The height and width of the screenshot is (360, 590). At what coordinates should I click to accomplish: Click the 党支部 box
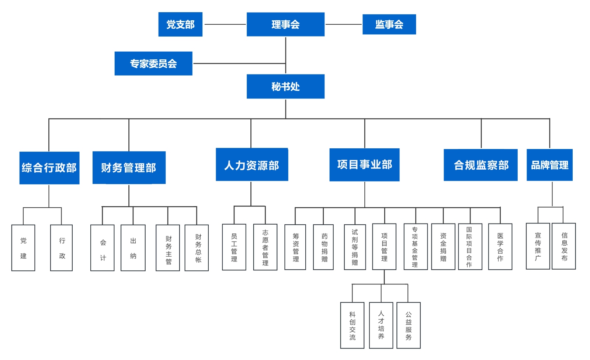tap(180, 24)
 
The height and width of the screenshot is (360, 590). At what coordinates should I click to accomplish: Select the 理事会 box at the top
tap(285, 24)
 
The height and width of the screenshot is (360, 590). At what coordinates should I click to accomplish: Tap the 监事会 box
tap(389, 24)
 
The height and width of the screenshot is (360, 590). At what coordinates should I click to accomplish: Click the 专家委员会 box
tap(153, 63)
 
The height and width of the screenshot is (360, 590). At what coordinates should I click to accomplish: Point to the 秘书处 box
tap(285, 86)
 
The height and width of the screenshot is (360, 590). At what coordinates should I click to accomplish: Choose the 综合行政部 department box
tap(49, 168)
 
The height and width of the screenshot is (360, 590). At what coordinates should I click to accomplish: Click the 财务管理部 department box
tap(129, 167)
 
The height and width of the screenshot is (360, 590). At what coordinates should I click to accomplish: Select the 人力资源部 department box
tap(252, 165)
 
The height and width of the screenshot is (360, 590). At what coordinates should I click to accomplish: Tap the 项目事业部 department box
tap(364, 165)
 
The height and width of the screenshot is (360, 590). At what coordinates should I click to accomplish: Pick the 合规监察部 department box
tap(480, 165)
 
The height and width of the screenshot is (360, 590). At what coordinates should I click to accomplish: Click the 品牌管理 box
tap(549, 165)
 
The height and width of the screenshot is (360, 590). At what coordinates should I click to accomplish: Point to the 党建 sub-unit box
tap(23, 248)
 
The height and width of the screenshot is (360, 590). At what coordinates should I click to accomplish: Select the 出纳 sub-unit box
tap(133, 248)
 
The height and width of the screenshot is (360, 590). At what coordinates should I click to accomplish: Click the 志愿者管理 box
tap(265, 247)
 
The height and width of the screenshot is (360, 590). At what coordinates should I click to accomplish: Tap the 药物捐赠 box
tap(323, 247)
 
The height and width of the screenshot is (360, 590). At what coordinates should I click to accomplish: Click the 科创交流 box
tap(352, 325)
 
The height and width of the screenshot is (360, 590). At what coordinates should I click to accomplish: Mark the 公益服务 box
tap(409, 325)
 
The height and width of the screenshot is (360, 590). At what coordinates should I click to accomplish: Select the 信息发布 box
tap(564, 246)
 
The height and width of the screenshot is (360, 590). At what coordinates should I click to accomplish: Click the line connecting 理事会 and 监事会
tap(343, 24)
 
